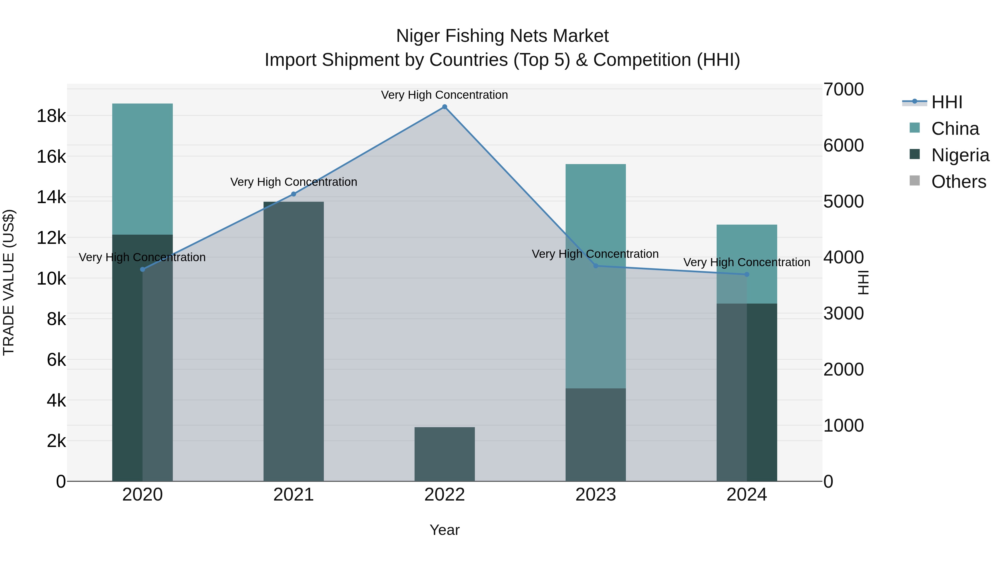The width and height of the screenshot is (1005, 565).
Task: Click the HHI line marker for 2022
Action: [444, 107]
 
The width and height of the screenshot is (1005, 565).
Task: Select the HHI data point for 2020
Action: [142, 270]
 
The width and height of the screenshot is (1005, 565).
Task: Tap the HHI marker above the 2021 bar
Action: [294, 194]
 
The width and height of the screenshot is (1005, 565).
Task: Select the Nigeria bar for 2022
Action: [444, 454]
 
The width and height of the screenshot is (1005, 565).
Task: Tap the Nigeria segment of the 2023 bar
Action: [595, 435]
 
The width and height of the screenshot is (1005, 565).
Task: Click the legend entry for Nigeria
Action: [960, 155]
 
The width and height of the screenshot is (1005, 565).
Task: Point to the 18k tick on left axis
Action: [51, 116]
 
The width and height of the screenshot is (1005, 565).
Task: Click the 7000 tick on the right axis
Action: [843, 89]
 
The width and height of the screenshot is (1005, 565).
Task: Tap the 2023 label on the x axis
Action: [595, 495]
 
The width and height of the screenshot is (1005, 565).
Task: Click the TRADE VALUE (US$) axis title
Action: [9, 282]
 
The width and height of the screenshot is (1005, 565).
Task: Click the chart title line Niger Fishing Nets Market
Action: [502, 36]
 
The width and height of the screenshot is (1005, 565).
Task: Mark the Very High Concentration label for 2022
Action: [444, 95]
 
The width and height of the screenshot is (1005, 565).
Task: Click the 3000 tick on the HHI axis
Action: [843, 314]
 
